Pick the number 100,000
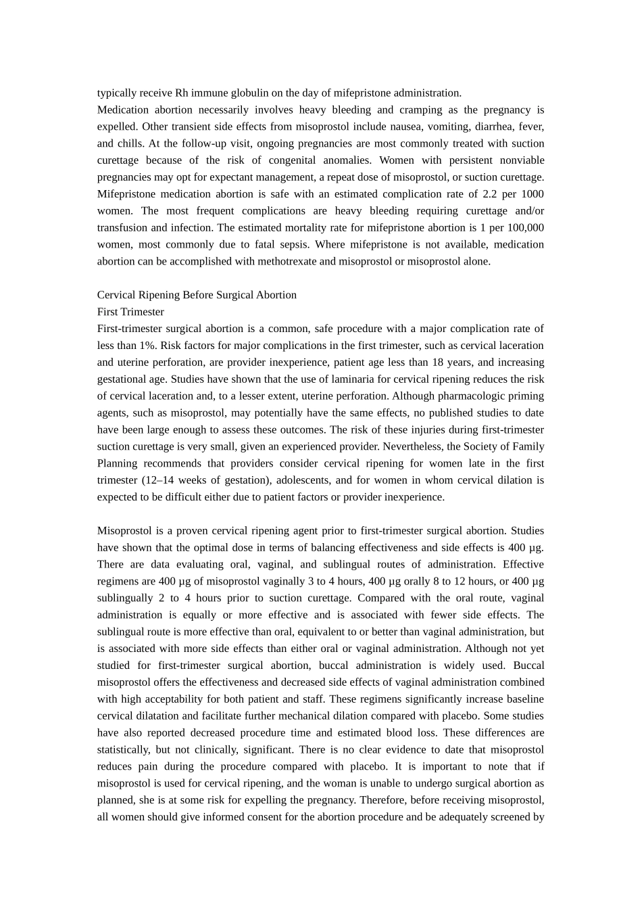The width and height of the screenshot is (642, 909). [520, 228]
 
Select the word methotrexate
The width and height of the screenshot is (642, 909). [284, 262]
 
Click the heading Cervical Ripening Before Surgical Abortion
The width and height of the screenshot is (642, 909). [197, 295]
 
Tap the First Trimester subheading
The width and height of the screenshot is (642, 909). [130, 312]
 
